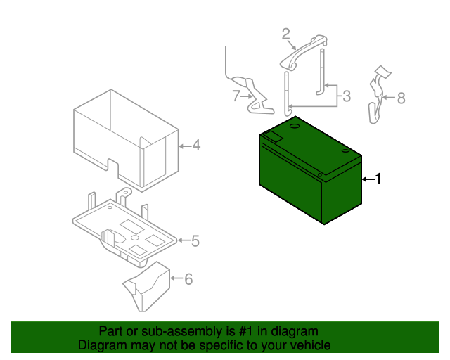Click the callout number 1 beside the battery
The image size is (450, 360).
pos(378,179)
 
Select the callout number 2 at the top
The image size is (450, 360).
pos(286,34)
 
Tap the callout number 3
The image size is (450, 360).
pos(347,96)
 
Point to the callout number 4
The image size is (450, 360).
pos(196,146)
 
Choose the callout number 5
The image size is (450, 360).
pos(195,241)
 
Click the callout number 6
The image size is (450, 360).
pos(188,279)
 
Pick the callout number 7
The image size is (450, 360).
pos(236,96)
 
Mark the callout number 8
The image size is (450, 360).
pos(401,98)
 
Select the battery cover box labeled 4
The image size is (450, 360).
pos(127,141)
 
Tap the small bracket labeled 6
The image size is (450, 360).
pos(147,286)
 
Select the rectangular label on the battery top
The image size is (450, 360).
pos(274,136)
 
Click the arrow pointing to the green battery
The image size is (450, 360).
pos(368,179)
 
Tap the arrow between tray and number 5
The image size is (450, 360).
pos(184,240)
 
